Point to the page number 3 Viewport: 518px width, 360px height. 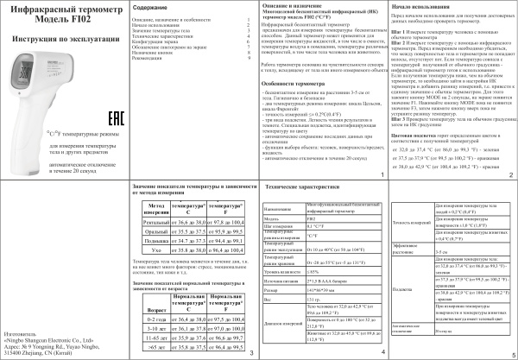tap(251, 353)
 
